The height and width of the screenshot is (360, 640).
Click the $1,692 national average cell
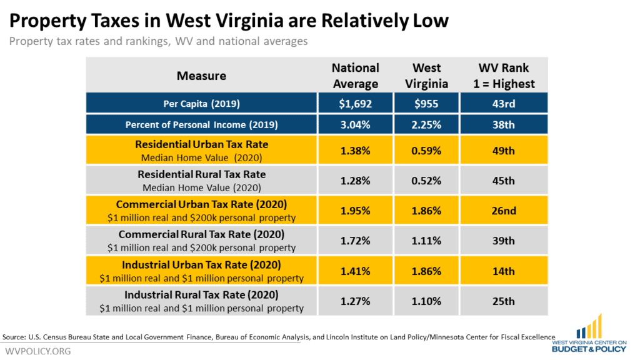tap(355, 104)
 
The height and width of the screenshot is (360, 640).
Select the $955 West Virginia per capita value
tap(426, 104)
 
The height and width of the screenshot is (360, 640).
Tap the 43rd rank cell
tap(504, 104)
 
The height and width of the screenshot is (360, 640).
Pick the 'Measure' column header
tap(201, 76)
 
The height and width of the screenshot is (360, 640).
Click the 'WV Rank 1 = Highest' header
tap(504, 76)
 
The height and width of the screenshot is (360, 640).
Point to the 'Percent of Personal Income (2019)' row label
tap(201, 125)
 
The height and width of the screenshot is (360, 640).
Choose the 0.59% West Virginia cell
tap(426, 151)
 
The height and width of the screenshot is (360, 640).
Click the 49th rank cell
tap(504, 151)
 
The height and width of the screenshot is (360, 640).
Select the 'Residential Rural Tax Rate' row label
tap(201, 174)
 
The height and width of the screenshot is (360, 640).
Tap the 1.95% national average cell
tap(355, 211)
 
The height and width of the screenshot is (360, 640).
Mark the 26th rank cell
tap(504, 211)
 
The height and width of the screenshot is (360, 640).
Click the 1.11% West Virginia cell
tap(426, 241)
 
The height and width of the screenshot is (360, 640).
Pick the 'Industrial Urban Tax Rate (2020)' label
tap(201, 265)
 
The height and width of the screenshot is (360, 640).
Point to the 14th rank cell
tap(504, 271)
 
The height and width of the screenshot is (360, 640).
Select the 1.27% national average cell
tap(355, 301)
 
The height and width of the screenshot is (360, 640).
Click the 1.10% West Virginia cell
tap(426, 301)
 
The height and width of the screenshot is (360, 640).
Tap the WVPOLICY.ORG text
tap(38, 351)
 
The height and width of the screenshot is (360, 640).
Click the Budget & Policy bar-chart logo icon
tap(589, 326)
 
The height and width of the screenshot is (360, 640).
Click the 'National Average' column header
tap(355, 76)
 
